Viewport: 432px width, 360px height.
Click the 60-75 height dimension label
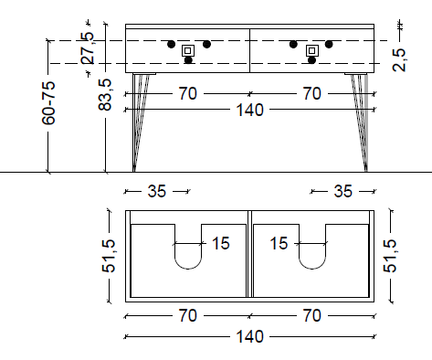[x=48, y=103]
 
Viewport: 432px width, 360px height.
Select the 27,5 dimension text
[x=87, y=48]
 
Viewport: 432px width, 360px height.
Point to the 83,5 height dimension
[x=105, y=95]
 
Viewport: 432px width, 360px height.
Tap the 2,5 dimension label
[x=399, y=60]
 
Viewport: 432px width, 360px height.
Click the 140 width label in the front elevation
[x=249, y=110]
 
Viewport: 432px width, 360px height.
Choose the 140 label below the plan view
[x=249, y=336]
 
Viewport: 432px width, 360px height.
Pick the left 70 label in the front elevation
[x=188, y=93]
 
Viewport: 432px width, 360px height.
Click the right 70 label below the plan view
[x=312, y=315]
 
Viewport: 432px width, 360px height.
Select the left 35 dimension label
[x=157, y=191]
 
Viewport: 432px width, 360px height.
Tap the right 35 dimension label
[x=343, y=191]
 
